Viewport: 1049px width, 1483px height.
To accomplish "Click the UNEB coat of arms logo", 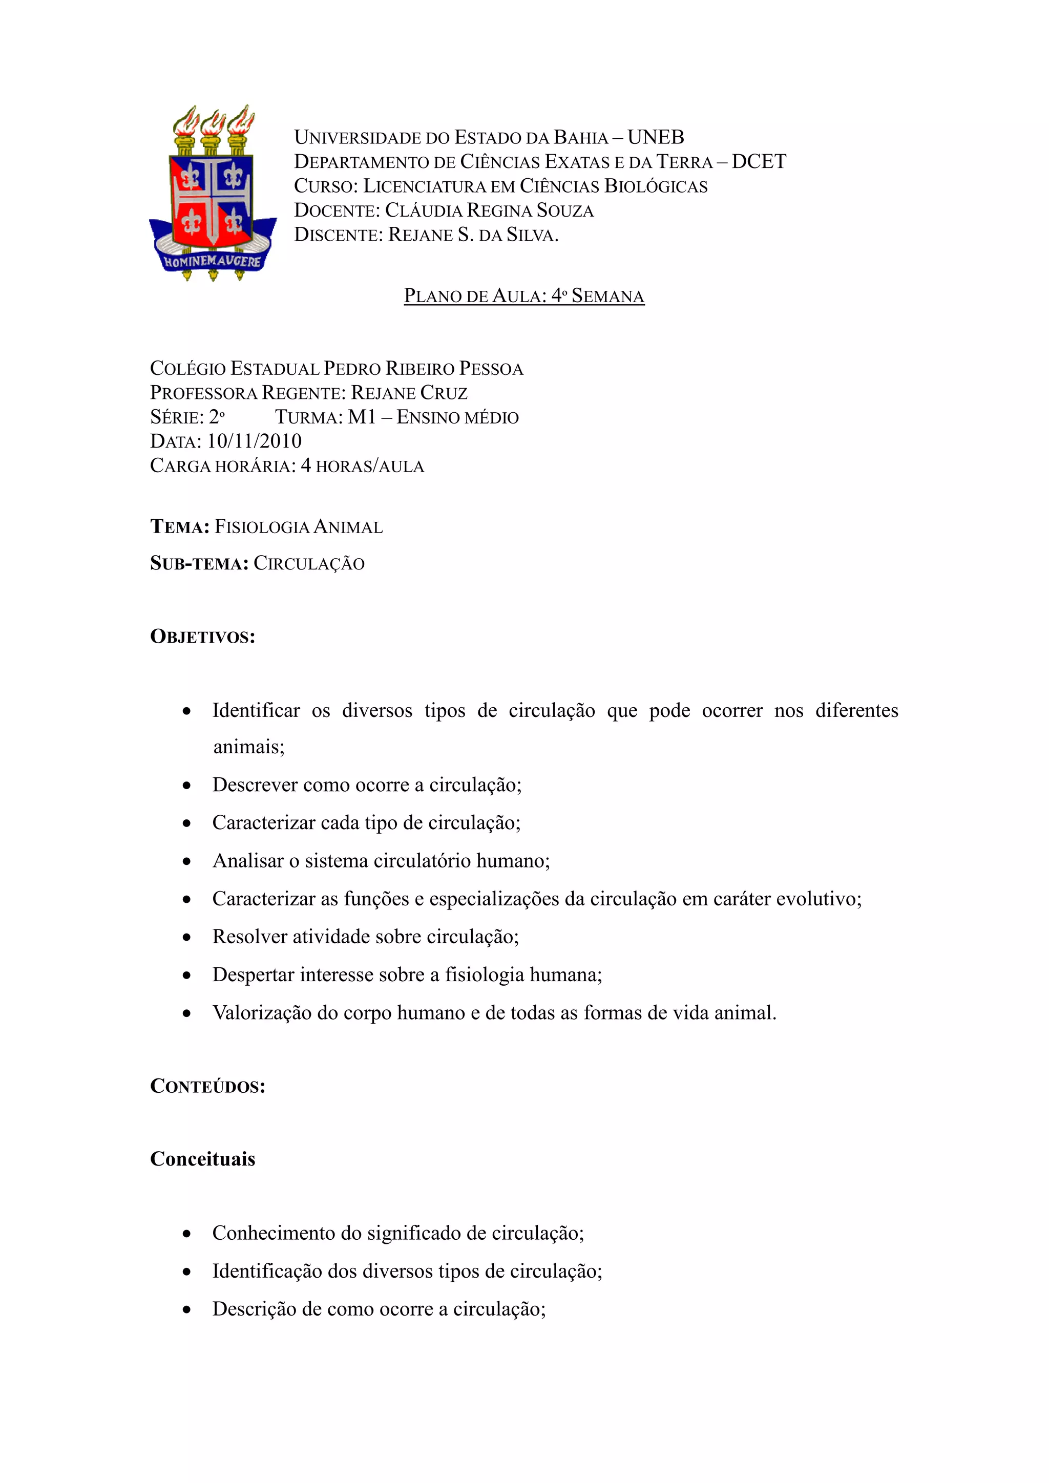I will [213, 193].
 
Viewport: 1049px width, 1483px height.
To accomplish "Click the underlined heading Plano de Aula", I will [524, 296].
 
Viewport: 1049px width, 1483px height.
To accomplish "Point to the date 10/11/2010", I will [254, 441].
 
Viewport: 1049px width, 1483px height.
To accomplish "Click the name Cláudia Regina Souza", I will [489, 210].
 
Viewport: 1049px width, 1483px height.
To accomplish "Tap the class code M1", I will [362, 417].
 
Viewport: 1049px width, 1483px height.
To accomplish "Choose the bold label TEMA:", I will [180, 527].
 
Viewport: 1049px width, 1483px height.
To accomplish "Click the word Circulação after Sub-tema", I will [309, 563].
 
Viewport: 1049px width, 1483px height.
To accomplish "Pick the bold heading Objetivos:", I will [202, 637].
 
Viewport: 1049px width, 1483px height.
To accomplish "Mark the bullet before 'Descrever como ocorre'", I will [186, 786].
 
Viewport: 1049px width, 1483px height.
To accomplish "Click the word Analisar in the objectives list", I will [248, 861].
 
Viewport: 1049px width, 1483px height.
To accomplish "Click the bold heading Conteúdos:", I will [207, 1087].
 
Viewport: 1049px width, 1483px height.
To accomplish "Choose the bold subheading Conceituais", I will [202, 1159].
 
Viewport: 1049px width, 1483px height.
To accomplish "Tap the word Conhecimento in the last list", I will [275, 1233].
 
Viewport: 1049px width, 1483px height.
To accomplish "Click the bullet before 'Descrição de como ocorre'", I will [186, 1310].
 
